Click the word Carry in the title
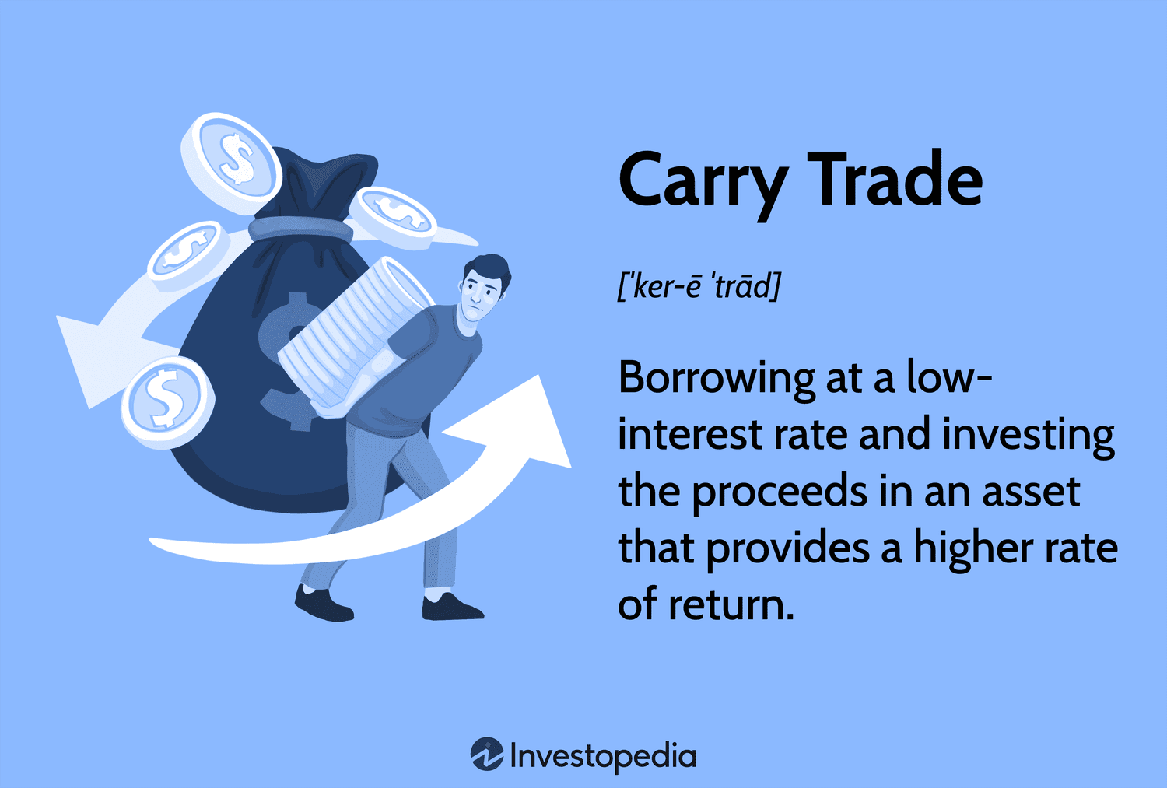700,180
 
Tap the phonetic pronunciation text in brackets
698,287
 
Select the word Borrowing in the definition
715,380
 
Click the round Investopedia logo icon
487,755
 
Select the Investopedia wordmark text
603,756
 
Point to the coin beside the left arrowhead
165,398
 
